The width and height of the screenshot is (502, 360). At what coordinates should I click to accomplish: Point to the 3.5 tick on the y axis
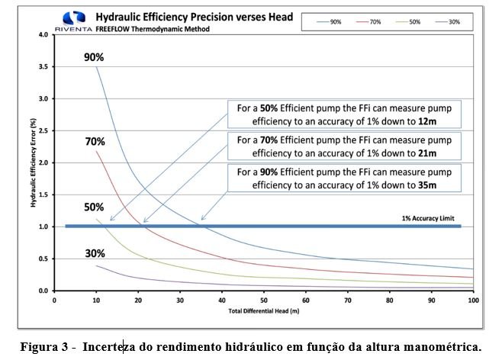point(43,67)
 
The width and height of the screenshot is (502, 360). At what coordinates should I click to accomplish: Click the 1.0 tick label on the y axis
point(43,227)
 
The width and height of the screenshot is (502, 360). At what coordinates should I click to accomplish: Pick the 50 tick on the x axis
point(263,300)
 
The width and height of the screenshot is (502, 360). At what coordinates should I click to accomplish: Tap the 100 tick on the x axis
point(472,300)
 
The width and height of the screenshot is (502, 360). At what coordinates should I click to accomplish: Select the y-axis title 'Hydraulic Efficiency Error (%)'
point(30,163)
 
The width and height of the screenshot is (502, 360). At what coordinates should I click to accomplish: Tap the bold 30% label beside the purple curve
point(95,254)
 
